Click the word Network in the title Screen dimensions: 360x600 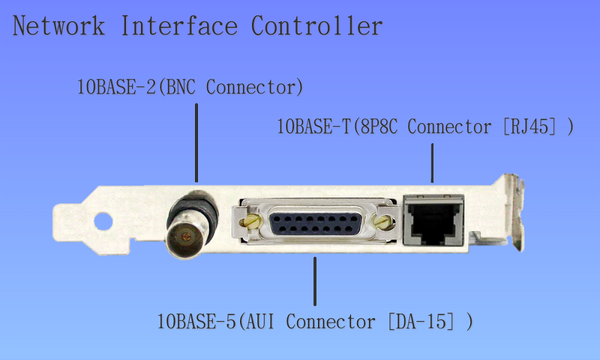pyautogui.click(x=58, y=26)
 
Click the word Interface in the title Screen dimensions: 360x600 pyautogui.click(x=178, y=26)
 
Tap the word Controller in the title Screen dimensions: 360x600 pyautogui.click(x=316, y=26)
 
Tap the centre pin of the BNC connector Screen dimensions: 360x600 pyautogui.click(x=188, y=238)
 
